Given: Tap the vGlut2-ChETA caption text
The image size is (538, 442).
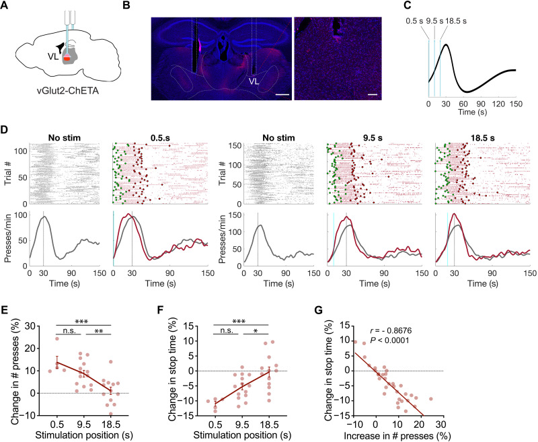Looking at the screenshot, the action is [67, 91].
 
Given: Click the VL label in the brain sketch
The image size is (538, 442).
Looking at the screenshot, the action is [53, 57].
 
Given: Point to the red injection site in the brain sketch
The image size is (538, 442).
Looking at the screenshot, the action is [67, 59].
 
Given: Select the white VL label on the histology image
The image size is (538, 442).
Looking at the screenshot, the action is [254, 81].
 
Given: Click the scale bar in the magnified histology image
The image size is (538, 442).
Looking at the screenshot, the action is [373, 94].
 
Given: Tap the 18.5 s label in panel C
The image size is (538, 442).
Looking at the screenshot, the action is [456, 21].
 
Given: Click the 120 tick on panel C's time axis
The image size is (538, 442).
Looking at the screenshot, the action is [498, 104].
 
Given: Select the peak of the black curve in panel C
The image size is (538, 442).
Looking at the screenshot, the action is [446, 44].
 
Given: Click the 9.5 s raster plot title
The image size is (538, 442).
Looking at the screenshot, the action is [373, 138].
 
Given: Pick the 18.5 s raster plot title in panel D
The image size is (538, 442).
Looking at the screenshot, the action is [483, 138].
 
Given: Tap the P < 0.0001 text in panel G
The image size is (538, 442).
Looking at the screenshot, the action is [390, 340].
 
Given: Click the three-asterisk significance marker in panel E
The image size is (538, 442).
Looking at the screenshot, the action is [81, 322].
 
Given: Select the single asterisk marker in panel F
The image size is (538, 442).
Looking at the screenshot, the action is [256, 331].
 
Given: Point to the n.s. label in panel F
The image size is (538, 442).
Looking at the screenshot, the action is [225, 330].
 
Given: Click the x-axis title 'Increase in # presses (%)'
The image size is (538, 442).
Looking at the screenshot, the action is [397, 436].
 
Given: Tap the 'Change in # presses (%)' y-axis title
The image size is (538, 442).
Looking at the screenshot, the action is [15, 372].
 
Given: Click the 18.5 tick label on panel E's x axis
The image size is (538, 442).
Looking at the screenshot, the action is [110, 424].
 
